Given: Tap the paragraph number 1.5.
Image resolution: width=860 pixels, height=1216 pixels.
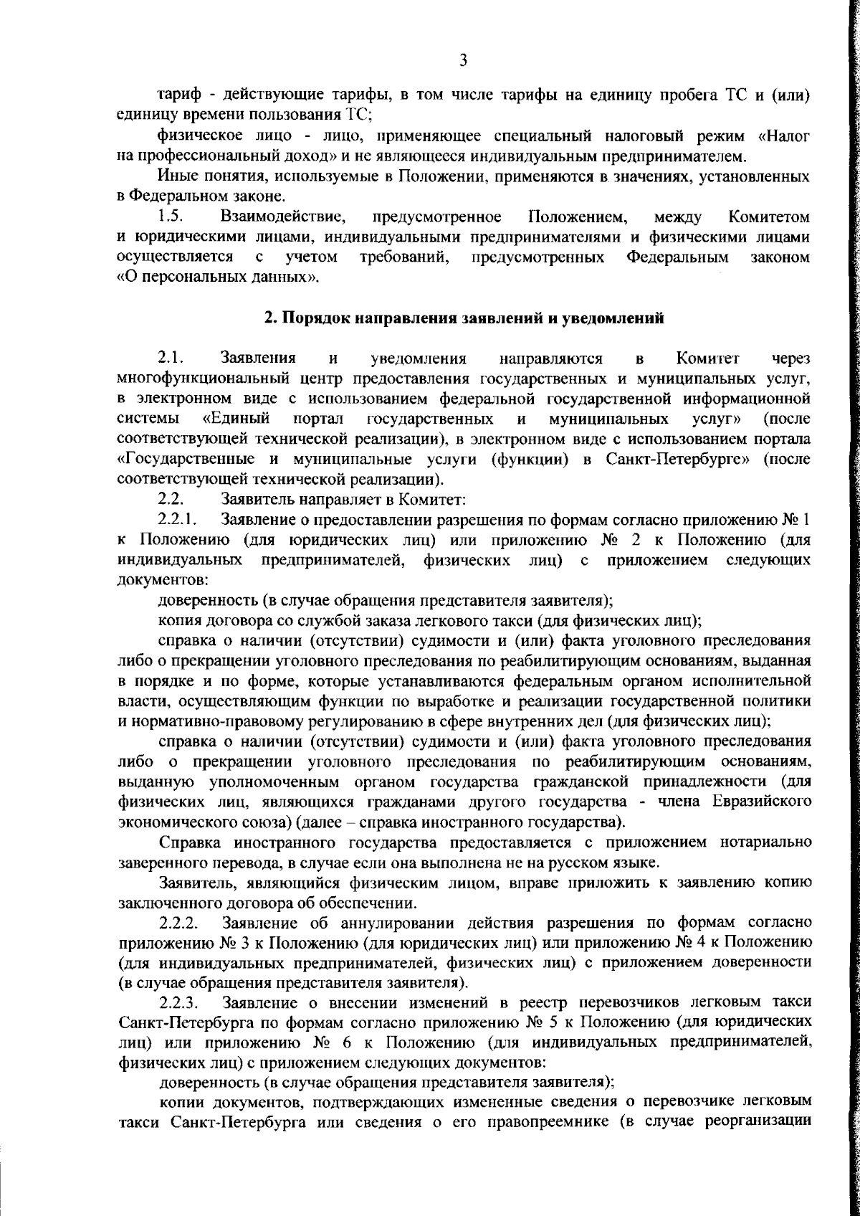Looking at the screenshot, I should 168,216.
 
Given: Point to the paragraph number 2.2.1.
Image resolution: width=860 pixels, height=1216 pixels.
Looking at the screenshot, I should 178,518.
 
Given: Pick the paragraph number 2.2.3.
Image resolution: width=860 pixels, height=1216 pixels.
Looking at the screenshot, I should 179,1000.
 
